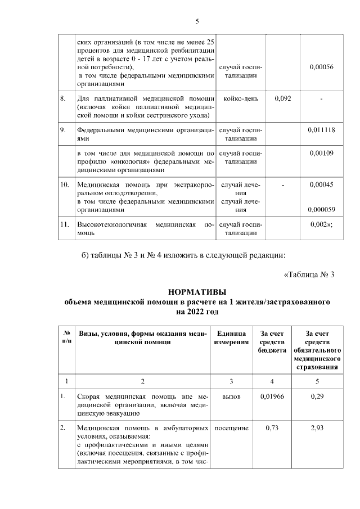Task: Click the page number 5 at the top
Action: [197, 21]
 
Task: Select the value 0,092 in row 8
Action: [283, 99]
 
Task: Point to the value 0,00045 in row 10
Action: [322, 184]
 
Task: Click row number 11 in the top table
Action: [65, 224]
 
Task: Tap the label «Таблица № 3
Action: [309, 274]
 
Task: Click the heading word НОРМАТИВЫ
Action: [197, 292]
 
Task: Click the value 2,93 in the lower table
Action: [319, 428]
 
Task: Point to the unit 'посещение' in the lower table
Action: [232, 428]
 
